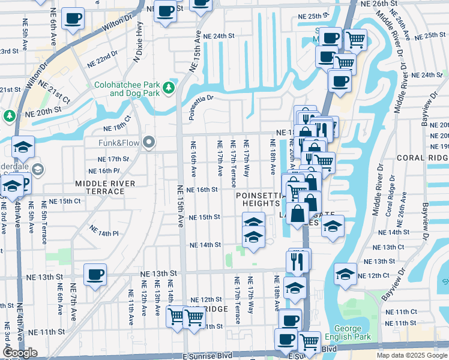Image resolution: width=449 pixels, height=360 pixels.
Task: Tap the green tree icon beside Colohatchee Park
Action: point(169,88)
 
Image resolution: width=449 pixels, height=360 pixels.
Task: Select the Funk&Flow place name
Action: point(119,143)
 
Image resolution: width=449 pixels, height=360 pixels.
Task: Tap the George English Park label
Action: point(348,333)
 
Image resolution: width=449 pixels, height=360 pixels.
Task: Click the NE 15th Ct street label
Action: point(65,201)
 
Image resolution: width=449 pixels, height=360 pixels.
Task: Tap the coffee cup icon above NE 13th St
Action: point(95,275)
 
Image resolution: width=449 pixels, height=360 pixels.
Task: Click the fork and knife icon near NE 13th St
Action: point(297,260)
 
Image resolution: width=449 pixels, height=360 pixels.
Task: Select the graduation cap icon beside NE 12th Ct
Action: point(345,274)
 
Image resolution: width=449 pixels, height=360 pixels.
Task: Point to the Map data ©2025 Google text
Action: point(411,355)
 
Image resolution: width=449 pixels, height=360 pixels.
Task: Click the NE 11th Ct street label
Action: point(401,312)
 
